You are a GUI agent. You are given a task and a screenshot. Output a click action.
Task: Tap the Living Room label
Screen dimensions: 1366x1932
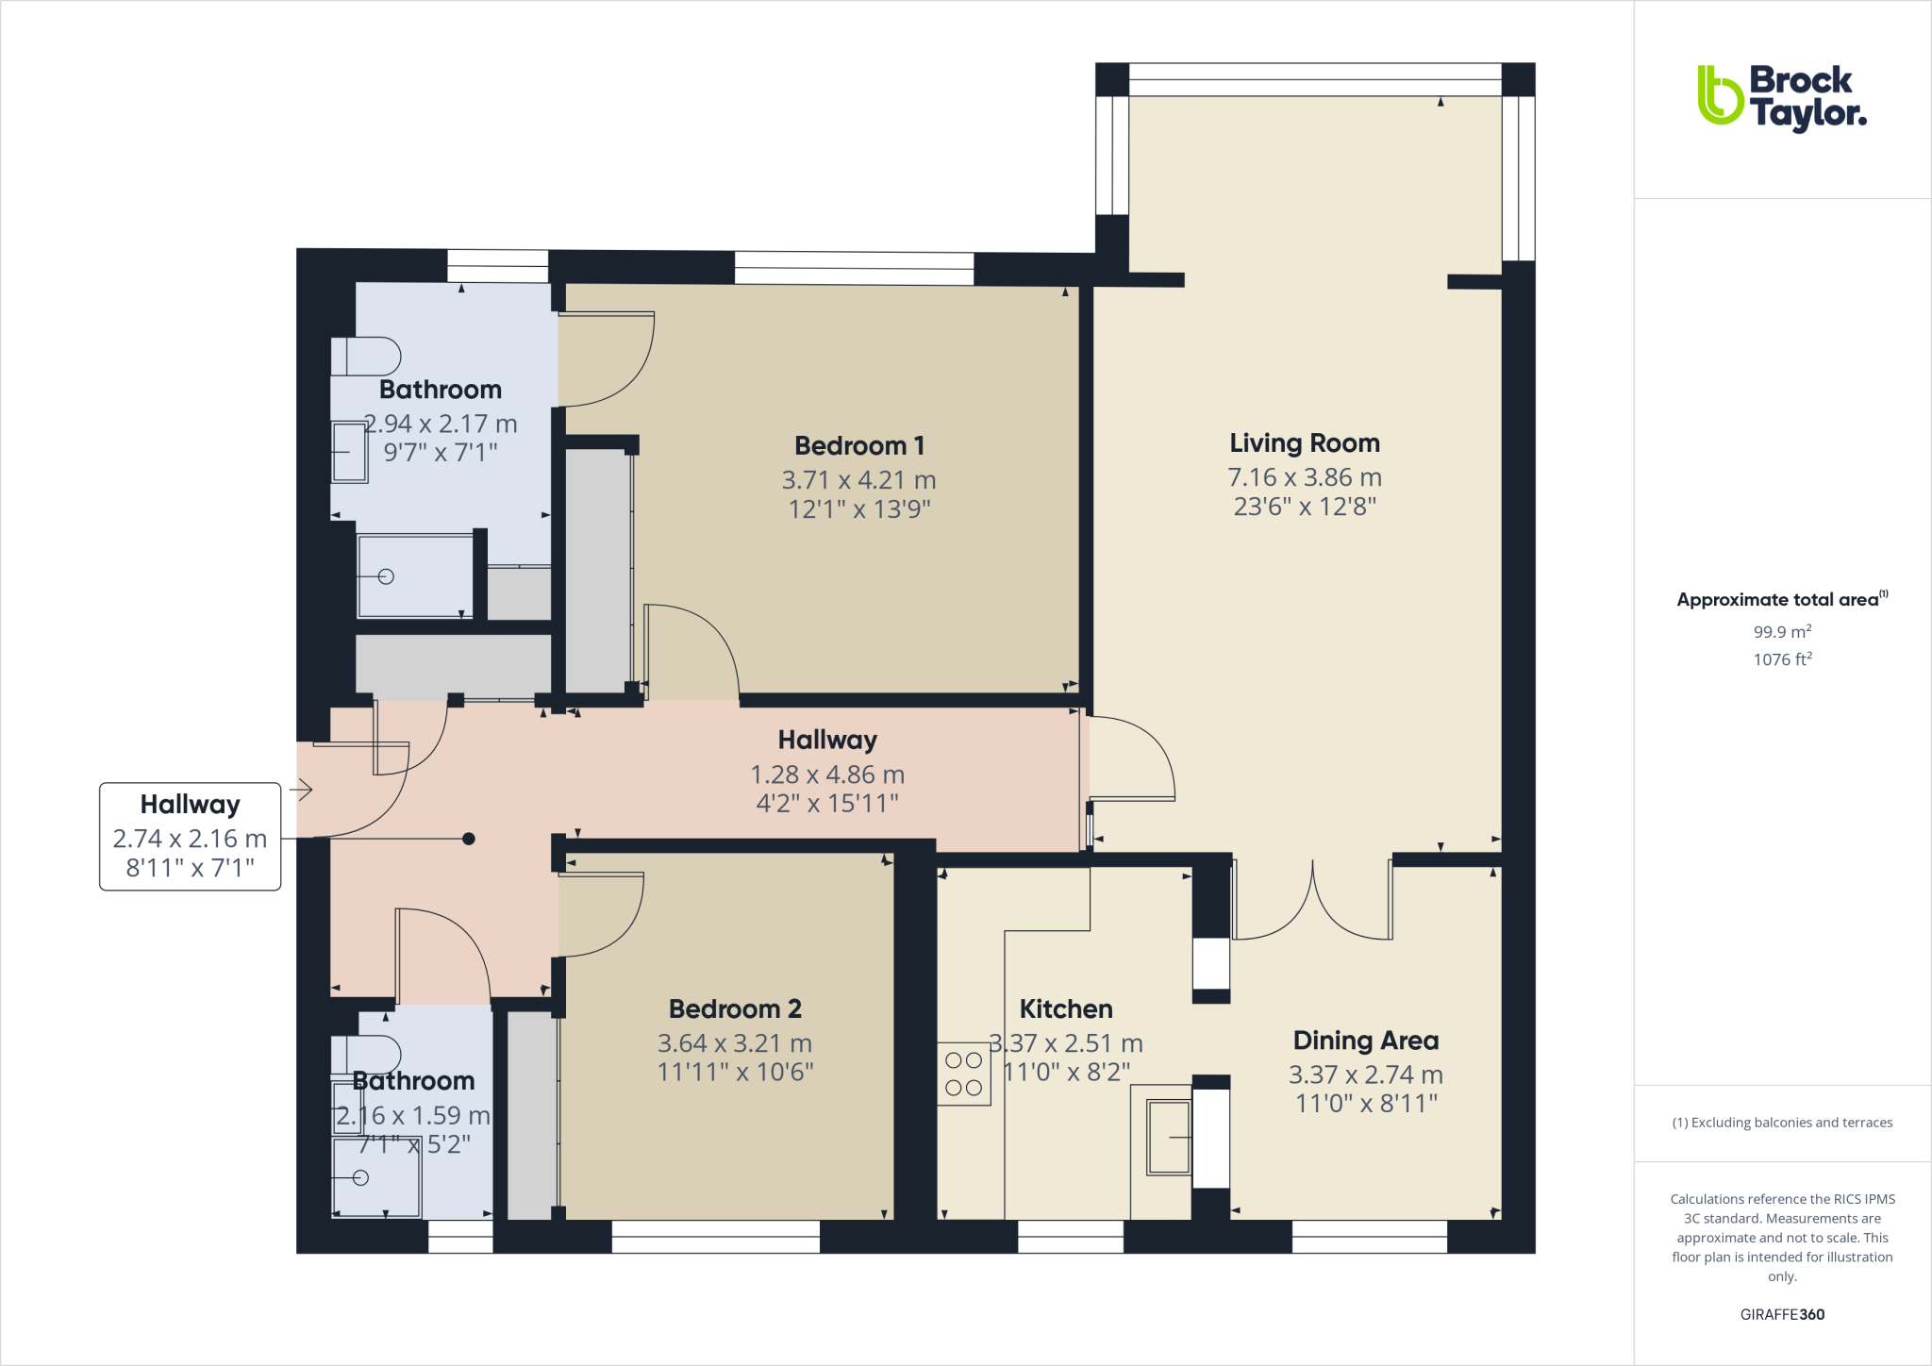pyautogui.click(x=1304, y=443)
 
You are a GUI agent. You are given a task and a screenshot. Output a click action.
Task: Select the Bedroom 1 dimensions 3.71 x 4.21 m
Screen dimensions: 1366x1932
pyautogui.click(x=858, y=480)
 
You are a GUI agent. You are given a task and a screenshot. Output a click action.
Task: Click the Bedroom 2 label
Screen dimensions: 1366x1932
pyautogui.click(x=735, y=1008)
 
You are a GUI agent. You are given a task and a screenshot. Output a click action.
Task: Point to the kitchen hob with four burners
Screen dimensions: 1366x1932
pyautogui.click(x=963, y=1074)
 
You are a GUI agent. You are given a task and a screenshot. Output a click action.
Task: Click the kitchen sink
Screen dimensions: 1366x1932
pyautogui.click(x=1168, y=1137)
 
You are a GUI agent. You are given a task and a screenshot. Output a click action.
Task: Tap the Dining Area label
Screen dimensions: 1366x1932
pyautogui.click(x=1365, y=1041)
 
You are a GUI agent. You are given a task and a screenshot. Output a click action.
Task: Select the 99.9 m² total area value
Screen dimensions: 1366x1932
pyautogui.click(x=1781, y=632)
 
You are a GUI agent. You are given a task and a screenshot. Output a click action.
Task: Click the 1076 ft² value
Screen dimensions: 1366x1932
pyautogui.click(x=1781, y=659)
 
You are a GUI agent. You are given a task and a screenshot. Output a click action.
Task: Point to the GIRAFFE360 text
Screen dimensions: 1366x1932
pyautogui.click(x=1781, y=1314)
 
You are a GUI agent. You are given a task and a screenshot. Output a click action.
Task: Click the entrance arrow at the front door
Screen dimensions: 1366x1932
pyautogui.click(x=302, y=789)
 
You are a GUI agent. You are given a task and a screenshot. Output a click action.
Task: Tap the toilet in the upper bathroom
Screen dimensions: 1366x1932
pyautogui.click(x=367, y=357)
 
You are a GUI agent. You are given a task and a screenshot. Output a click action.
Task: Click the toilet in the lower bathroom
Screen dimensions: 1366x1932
pyautogui.click(x=367, y=1054)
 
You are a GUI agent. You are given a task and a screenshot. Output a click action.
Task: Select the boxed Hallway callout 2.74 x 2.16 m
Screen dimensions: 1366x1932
pyautogui.click(x=190, y=837)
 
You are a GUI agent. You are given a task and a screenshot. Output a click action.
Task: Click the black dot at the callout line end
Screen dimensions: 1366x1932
pyautogui.click(x=469, y=839)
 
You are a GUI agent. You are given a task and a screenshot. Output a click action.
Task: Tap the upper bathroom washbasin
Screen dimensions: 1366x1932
pyautogui.click(x=349, y=452)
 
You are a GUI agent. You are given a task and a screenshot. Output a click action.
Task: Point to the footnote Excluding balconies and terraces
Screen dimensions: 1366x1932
pyautogui.click(x=1781, y=1123)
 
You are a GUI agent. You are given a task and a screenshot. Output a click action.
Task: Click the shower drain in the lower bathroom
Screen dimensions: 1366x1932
pyautogui.click(x=360, y=1177)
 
